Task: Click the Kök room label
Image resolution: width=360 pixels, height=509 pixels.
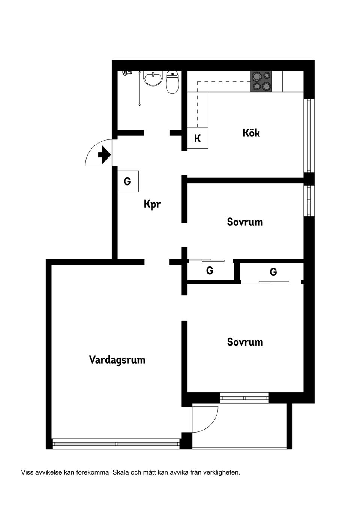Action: pyautogui.click(x=251, y=133)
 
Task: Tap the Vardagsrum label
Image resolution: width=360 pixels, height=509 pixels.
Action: pyautogui.click(x=117, y=360)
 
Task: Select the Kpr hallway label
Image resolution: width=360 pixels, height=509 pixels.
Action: pyautogui.click(x=152, y=204)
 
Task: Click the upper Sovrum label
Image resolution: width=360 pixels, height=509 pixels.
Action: pyautogui.click(x=245, y=222)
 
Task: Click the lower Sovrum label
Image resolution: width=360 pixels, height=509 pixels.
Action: pyautogui.click(x=245, y=342)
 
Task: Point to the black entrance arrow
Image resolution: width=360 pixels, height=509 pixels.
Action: pyautogui.click(x=104, y=155)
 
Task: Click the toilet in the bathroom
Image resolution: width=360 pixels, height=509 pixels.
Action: pyautogui.click(x=172, y=82)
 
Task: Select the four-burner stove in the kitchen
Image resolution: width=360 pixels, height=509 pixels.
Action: pyautogui.click(x=261, y=81)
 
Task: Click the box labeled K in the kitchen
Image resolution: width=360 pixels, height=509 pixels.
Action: pyautogui.click(x=198, y=138)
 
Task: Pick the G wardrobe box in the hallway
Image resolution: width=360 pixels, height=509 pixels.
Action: pyautogui.click(x=128, y=181)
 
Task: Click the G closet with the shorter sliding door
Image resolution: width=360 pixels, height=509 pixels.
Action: pyautogui.click(x=210, y=271)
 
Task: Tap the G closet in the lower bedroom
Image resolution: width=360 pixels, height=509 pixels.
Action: pyautogui.click(x=273, y=272)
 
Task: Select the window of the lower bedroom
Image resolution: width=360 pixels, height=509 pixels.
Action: pyautogui.click(x=244, y=397)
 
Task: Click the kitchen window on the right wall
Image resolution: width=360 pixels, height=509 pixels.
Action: pyautogui.click(x=309, y=135)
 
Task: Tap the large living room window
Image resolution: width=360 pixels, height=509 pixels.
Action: pyautogui.click(x=116, y=444)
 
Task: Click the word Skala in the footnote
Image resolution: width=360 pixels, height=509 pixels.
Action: pyautogui.click(x=120, y=472)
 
